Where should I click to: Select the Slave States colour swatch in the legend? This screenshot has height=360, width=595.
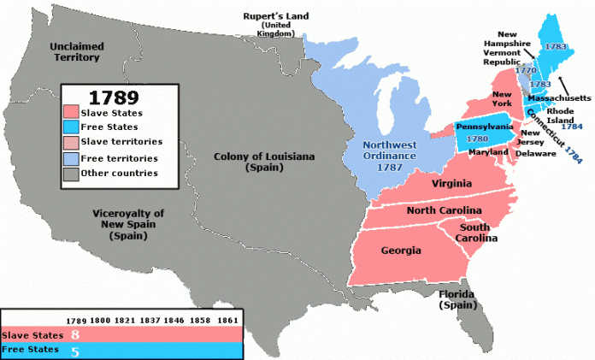[71, 111]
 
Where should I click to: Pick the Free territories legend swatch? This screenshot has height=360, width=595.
[71, 158]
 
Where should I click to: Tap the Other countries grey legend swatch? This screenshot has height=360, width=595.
[71, 174]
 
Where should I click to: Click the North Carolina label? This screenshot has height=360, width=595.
[444, 211]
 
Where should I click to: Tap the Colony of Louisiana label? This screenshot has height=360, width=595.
[254, 162]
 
